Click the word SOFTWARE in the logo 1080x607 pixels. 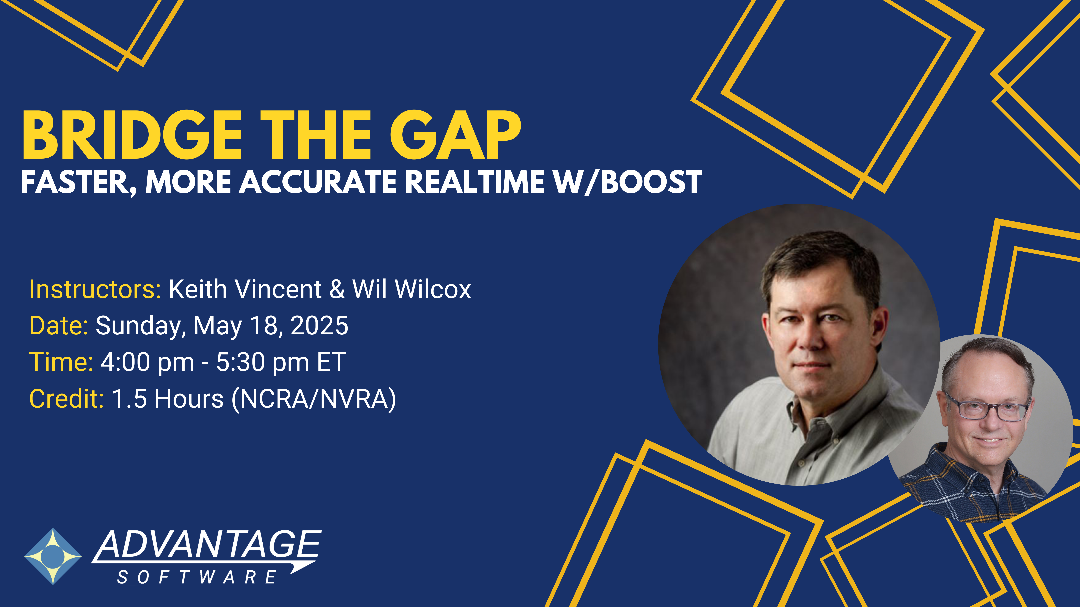coord(197,577)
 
